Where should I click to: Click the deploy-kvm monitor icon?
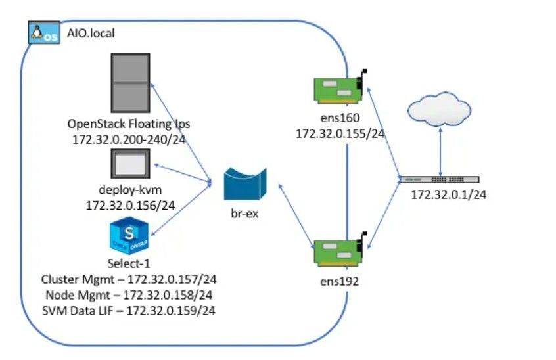130,163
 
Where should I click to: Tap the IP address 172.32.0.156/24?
130,206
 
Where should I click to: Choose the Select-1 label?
130,265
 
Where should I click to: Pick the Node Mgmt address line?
130,295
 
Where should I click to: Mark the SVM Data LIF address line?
130,309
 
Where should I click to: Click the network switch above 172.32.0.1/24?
440,179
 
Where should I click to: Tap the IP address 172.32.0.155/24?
340,134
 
